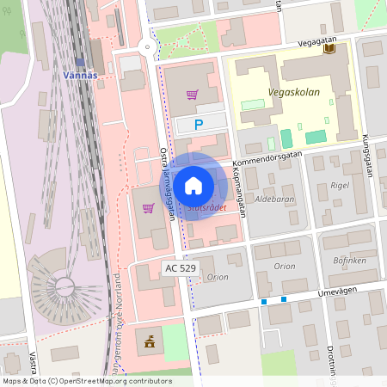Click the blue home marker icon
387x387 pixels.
click(193, 186)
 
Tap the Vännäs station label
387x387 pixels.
click(83, 75)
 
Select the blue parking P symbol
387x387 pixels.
click(199, 126)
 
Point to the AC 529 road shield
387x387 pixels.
click(181, 269)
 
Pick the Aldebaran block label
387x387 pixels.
click(273, 199)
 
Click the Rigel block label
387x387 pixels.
click(340, 185)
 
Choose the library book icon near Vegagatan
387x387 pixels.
click(329, 49)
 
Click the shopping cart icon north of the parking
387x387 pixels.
click(193, 95)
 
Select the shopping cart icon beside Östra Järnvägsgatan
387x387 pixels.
click(148, 207)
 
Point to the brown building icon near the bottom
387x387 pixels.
click(151, 341)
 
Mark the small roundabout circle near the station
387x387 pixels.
click(147, 47)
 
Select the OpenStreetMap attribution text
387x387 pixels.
click(87, 381)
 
